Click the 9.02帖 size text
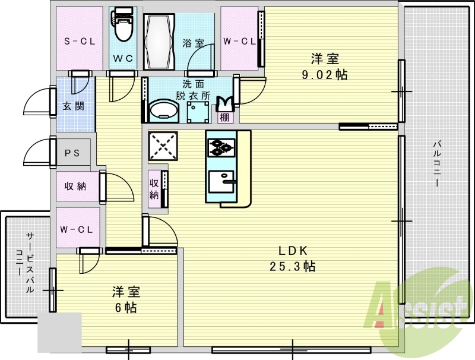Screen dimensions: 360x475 [x=325, y=75]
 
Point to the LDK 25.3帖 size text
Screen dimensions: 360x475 [x=289, y=266]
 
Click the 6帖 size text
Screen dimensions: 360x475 [x=127, y=308]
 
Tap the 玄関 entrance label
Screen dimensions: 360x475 [x=74, y=106]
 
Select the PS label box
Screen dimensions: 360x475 [x=72, y=153]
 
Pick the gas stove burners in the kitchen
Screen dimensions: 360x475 [x=221, y=146]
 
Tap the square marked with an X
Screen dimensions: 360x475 [x=162, y=145]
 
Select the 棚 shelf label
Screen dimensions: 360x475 [x=224, y=118]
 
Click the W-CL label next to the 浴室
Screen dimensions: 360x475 [x=239, y=41]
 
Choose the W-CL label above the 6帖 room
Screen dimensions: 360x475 [x=76, y=229]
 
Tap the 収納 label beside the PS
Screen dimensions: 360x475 [x=75, y=186]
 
